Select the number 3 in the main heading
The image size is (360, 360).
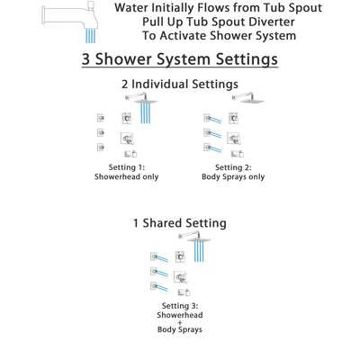point(88,60)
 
